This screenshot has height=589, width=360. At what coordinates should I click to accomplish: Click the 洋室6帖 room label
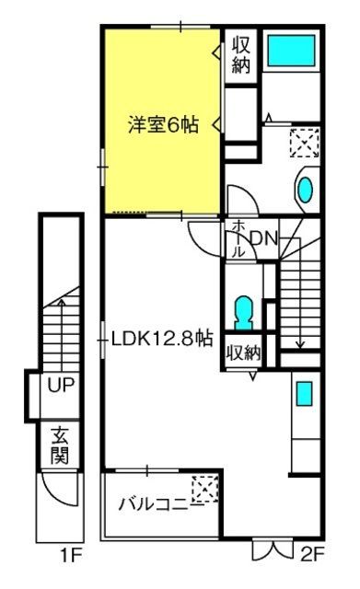point(163,125)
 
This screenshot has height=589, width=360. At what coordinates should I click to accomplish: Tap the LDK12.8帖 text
point(162,339)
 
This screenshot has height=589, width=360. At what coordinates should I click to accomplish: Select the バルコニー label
point(161,504)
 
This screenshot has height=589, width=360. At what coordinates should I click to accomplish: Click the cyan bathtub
point(291,51)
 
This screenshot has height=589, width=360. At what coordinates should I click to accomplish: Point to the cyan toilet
point(243,313)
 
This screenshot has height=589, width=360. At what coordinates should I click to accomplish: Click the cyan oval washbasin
point(305,190)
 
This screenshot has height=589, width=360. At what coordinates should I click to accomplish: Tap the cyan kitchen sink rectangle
point(305,394)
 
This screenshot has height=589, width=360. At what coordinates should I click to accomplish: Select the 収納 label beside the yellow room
point(241,55)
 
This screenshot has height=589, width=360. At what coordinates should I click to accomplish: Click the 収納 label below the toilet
point(243,352)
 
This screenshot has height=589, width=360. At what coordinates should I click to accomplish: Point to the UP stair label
point(61,384)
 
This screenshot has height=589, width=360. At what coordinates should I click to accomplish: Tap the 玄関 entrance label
point(60,445)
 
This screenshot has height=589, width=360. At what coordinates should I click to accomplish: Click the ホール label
point(238,239)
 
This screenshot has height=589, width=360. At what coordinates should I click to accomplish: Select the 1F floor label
point(72,555)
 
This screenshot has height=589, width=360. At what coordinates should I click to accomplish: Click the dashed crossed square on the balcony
point(205,489)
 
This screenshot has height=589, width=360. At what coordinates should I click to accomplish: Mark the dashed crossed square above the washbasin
point(305,143)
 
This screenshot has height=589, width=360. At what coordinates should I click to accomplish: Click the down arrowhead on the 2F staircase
point(299,344)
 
